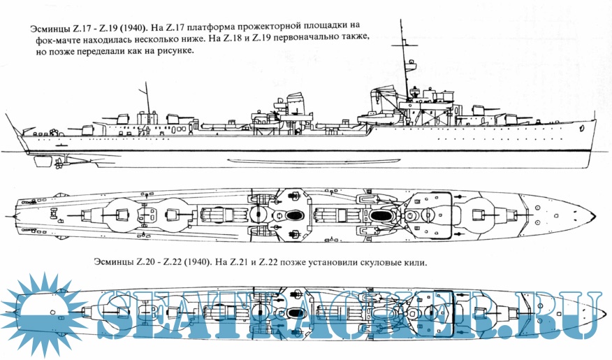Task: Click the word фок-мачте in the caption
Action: tap(61, 41)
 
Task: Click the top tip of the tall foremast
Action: tap(402, 21)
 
